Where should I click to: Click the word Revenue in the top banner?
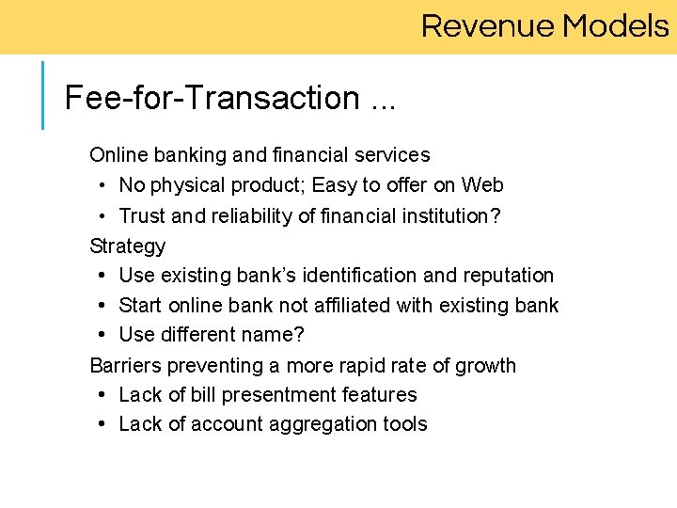click(488, 25)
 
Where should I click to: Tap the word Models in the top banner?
click(615, 25)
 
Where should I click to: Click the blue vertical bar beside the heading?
click(43, 95)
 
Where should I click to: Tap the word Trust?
click(142, 215)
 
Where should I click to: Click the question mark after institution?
click(496, 215)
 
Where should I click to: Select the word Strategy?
click(127, 246)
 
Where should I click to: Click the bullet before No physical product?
click(99, 185)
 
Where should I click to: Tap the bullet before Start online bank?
click(100, 306)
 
